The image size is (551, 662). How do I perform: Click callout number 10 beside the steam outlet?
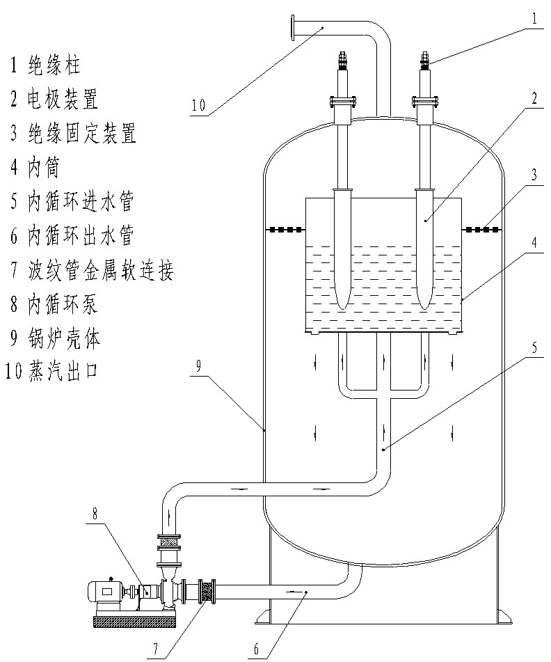198,106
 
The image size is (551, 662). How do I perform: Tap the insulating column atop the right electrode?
424,63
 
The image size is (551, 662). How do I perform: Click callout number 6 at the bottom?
255,649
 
